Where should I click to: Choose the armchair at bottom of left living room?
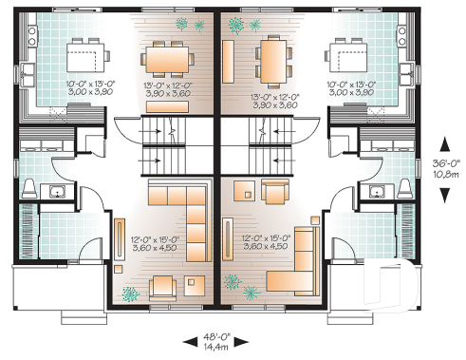(x=162, y=284)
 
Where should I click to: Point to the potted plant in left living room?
(x=132, y=290)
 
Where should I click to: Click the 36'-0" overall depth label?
(x=444, y=161)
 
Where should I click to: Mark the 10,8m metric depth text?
(x=444, y=174)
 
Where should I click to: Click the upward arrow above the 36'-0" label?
(x=443, y=142)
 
